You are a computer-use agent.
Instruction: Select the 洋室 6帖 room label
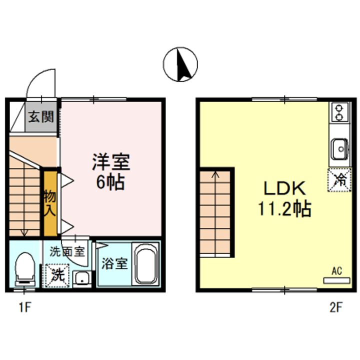(110, 171)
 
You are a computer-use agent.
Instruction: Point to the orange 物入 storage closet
(49, 203)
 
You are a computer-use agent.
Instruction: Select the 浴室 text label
(114, 263)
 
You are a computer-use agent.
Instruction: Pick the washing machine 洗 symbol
(58, 275)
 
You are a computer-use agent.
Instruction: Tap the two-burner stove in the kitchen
(338, 112)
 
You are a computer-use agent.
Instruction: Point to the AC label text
(336, 271)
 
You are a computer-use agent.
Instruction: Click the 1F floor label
(25, 306)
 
